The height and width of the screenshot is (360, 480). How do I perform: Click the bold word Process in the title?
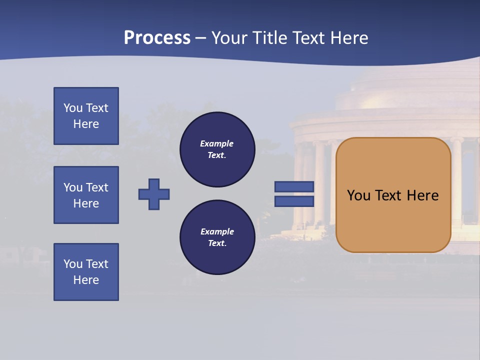pos(157,38)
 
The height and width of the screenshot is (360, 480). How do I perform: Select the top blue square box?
pos(86,116)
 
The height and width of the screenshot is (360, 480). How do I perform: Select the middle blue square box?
pos(86,195)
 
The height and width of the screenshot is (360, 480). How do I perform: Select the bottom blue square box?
pos(86,272)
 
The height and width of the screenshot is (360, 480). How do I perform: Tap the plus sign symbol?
pos(154,194)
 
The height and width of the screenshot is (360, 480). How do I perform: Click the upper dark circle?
pos(217,149)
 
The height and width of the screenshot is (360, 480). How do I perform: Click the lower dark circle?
pos(217,237)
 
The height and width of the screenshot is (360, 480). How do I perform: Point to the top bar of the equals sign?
pos(294,186)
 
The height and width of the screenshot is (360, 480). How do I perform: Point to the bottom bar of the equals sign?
pos(294,201)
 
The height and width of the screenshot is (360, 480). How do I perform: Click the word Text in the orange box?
pos(388,195)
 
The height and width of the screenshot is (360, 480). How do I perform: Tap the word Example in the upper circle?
pos(216,143)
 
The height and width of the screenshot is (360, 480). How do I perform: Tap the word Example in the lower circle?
pos(217,231)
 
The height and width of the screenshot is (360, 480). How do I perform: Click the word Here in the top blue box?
pos(86,124)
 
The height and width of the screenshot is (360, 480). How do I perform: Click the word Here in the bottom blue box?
pos(86,280)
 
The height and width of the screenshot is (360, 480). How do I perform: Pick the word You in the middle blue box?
pos(72,187)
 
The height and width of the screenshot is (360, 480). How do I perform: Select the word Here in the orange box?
pos(423,195)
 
